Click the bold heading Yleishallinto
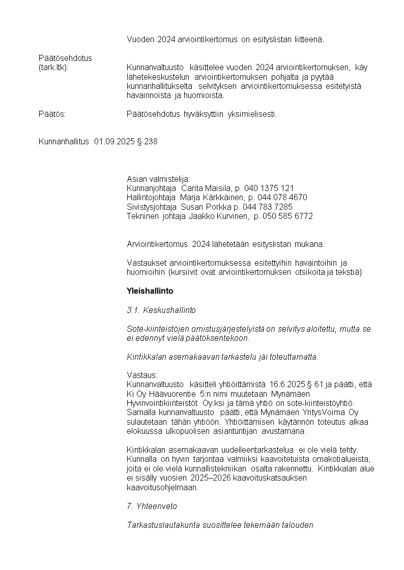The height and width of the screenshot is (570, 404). point(150,291)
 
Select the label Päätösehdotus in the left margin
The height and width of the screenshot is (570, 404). point(65,58)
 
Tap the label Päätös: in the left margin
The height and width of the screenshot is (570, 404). point(52,114)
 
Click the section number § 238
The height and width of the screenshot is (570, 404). point(147,142)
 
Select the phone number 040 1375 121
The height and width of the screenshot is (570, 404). point(270,188)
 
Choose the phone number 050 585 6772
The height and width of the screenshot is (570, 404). point(287,216)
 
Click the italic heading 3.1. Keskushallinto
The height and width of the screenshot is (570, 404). point(161,310)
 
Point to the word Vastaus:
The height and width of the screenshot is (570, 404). point(142,375)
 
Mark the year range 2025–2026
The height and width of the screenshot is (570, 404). point(212,478)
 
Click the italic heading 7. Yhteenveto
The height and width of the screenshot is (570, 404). point(151,506)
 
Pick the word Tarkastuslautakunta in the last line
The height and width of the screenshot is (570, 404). point(160,525)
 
